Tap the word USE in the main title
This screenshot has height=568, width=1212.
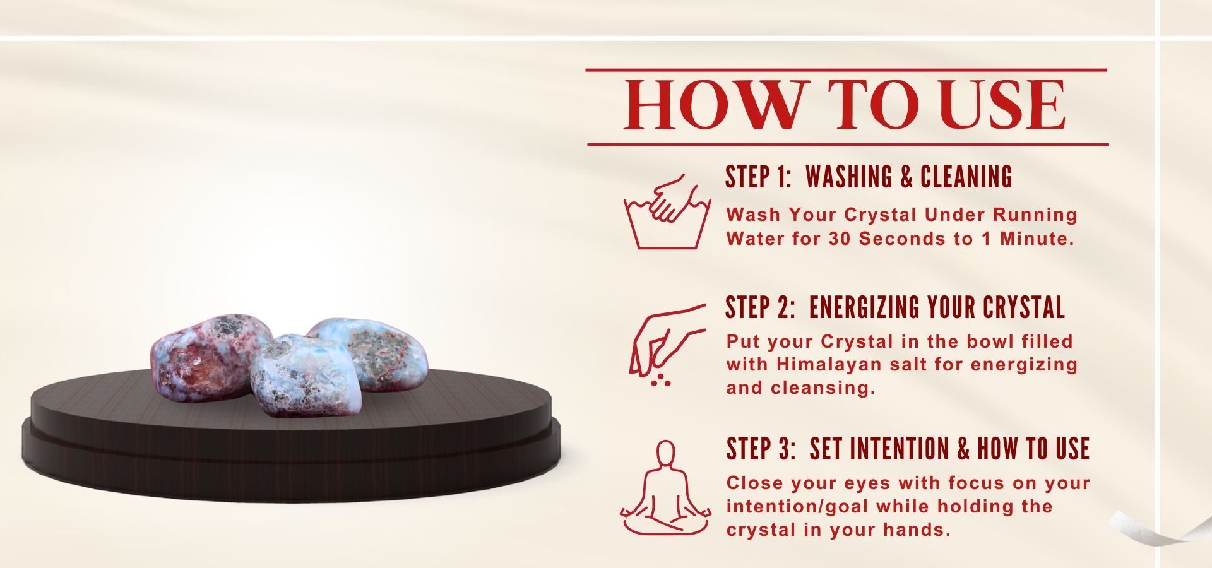click(1002, 105)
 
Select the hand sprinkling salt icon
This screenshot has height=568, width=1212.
click(667, 345)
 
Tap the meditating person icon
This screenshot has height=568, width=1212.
click(665, 488)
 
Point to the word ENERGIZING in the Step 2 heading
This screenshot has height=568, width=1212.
click(864, 307)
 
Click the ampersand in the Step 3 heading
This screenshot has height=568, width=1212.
click(963, 449)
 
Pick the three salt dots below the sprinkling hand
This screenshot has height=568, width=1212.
click(660, 379)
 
